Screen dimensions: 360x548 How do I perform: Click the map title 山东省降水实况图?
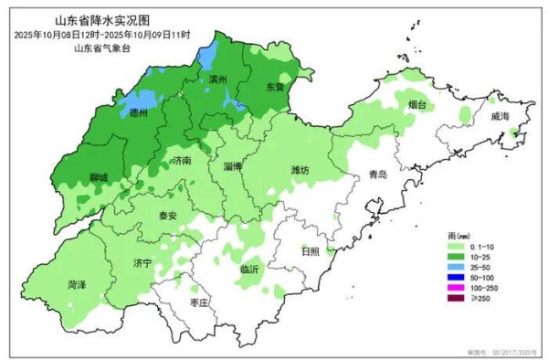pos(102,20)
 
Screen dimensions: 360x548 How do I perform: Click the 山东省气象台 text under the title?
pos(102,47)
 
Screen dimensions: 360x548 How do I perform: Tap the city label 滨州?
pos(218,80)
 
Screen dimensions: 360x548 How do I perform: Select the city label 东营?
pos(275,87)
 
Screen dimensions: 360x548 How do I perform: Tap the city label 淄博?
pos(233,167)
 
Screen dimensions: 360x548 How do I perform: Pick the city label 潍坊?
pos(300,170)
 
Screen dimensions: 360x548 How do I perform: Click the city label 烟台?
pos(416,105)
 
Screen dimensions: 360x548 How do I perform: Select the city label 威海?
pos(500,117)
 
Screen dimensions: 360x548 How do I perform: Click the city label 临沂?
pos(250,269)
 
